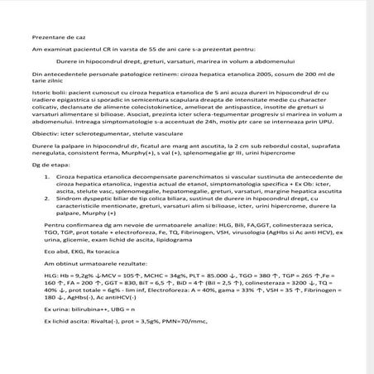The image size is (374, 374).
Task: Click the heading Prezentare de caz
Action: click(x=55, y=38)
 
